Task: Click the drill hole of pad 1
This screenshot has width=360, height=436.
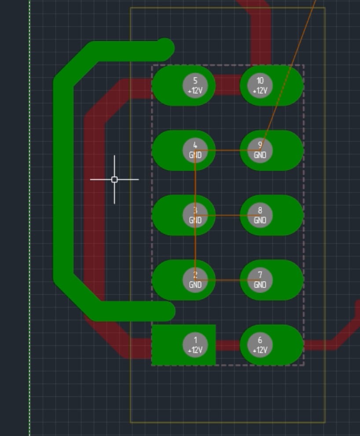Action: pos(195,345)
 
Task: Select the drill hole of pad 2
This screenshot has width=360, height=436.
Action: pos(195,280)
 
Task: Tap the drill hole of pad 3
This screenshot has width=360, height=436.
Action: pos(195,215)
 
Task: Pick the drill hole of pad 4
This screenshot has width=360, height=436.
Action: pos(195,150)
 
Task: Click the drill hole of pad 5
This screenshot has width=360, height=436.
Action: pos(195,86)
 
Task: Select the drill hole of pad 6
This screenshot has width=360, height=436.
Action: pos(260,345)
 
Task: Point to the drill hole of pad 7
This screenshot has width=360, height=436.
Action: pos(260,280)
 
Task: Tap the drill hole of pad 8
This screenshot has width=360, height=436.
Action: pos(260,215)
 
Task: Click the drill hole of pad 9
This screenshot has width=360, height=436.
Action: pos(260,150)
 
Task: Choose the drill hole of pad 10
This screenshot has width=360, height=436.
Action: pos(260,86)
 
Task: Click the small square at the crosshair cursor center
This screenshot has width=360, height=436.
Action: pos(114,180)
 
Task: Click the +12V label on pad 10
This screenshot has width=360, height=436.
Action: pos(260,91)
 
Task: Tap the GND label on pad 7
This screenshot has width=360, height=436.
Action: pos(260,285)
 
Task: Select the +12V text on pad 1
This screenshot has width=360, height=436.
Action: pos(195,350)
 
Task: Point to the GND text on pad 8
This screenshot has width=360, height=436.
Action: pos(260,220)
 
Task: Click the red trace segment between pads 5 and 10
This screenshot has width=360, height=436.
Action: pos(228,85)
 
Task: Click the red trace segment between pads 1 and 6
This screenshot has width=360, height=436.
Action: pos(228,345)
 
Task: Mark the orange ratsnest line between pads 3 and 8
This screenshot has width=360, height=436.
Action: pos(228,216)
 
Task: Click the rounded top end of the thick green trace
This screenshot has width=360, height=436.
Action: pos(165,48)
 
